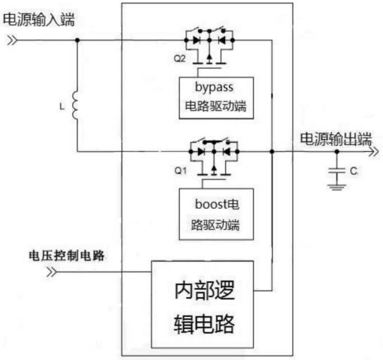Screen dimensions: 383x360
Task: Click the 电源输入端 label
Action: click(39, 20)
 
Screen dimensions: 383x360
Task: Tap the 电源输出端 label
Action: click(336, 139)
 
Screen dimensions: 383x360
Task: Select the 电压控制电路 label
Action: click(67, 256)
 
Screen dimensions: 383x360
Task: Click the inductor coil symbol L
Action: click(75, 106)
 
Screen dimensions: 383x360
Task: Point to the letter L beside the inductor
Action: click(62, 107)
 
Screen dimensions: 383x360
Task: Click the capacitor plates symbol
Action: click(337, 170)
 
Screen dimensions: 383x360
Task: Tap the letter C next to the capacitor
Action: click(353, 171)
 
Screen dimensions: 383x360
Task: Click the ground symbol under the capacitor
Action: click(337, 187)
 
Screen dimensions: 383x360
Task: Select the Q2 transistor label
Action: click(180, 59)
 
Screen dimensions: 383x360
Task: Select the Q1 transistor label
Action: click(181, 170)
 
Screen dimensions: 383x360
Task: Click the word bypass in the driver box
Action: click(214, 88)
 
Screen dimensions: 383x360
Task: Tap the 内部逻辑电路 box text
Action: click(205, 307)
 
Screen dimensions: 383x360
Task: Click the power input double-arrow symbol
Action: click(12, 40)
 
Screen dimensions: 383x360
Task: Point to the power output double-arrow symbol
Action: click(373, 152)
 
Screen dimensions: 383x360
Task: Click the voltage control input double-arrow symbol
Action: click(51, 272)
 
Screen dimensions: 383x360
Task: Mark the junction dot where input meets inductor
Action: click(77, 40)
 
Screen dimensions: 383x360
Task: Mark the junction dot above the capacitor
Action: click(337, 152)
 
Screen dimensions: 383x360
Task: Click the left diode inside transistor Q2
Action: click(197, 40)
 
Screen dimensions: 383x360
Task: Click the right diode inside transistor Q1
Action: click(226, 152)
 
